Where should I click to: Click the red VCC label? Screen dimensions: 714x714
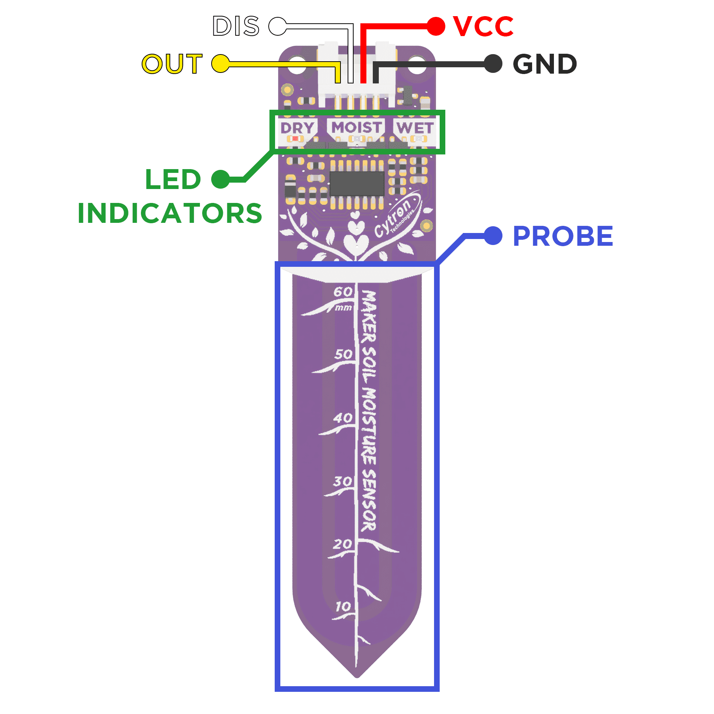pyautogui.click(x=483, y=26)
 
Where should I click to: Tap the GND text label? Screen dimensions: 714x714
pyautogui.click(x=545, y=64)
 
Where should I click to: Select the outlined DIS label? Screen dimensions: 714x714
pyautogui.click(x=236, y=26)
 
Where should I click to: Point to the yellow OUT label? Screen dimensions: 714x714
pyautogui.click(x=172, y=64)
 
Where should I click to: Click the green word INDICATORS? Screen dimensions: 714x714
pyautogui.click(x=169, y=213)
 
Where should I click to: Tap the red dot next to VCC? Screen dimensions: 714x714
pyautogui.click(x=436, y=26)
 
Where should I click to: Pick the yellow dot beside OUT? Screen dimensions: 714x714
pyautogui.click(x=221, y=64)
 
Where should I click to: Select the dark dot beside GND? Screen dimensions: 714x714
pyautogui.click(x=493, y=64)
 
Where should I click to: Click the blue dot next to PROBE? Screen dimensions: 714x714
pyautogui.click(x=493, y=236)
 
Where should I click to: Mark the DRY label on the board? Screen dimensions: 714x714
pyautogui.click(x=297, y=128)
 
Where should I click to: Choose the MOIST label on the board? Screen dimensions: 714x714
pyautogui.click(x=356, y=127)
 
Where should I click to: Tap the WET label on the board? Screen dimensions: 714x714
pyautogui.click(x=415, y=128)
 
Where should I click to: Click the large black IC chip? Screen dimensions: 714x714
pyautogui.click(x=357, y=183)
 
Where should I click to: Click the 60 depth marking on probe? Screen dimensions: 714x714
pyautogui.click(x=343, y=292)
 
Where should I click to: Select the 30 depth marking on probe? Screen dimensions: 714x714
pyautogui.click(x=342, y=481)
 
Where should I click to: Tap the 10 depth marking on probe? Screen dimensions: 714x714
pyautogui.click(x=343, y=607)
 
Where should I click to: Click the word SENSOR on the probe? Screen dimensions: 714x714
pyautogui.click(x=368, y=500)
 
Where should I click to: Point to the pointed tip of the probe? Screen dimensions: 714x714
pyautogui.click(x=357, y=675)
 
